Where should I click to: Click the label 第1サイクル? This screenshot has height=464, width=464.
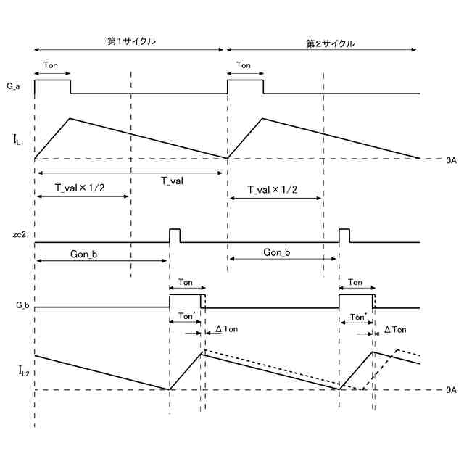point(131,41)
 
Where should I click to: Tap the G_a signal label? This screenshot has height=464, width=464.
point(13,87)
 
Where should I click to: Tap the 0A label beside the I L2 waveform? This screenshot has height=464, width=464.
point(452,390)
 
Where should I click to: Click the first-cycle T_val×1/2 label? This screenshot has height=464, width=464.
point(81,188)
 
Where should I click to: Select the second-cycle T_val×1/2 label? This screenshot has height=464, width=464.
point(273,189)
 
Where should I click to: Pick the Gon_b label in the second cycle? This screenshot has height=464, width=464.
point(277,252)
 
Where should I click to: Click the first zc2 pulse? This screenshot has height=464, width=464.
point(175,234)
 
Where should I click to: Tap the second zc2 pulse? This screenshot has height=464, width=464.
point(344,234)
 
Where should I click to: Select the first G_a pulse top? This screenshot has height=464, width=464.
point(51,80)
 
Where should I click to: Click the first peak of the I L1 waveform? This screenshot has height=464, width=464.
point(70,118)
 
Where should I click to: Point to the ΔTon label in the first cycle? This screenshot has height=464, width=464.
point(225,329)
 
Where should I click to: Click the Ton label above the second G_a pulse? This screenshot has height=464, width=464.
point(244,65)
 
